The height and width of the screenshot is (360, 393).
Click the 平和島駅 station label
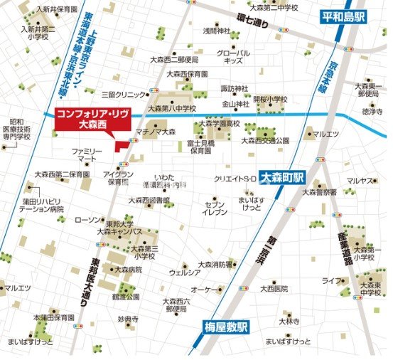click(x=344, y=16)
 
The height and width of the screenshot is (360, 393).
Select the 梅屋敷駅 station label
click(x=222, y=327)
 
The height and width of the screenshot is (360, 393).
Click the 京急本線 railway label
click(x=334, y=72)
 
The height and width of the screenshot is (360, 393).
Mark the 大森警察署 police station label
click(x=319, y=192)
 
